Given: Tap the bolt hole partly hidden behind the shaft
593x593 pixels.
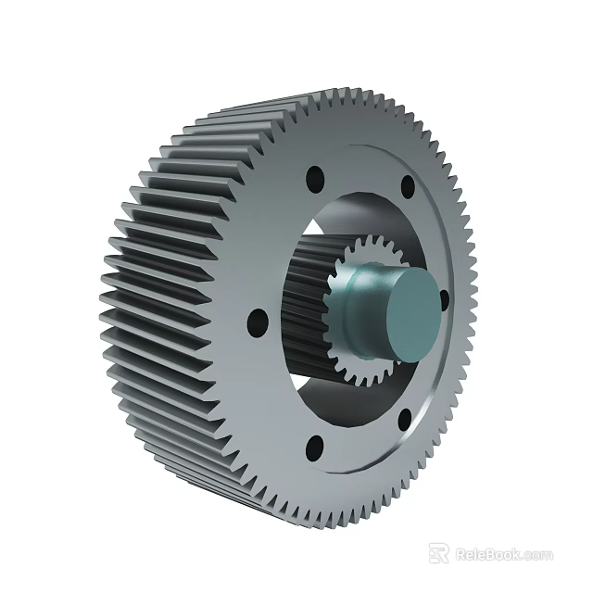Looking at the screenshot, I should coord(444,298).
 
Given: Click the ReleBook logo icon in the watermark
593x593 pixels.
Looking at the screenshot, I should coord(439,554).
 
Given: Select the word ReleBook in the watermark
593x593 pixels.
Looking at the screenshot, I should coord(487,554).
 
